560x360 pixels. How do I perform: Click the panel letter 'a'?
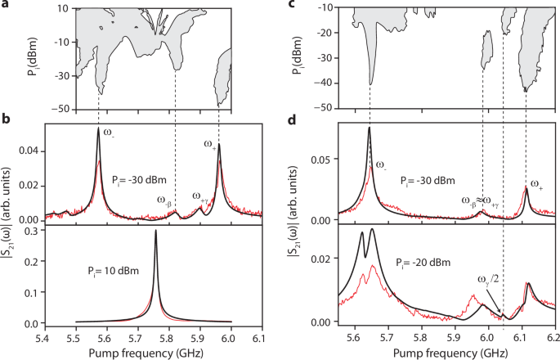click(x=6, y=6)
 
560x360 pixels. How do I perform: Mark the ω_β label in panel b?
click(x=164, y=200)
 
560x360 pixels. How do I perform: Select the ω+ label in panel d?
click(x=536, y=185)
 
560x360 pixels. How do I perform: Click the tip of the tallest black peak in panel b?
click(x=98, y=128)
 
